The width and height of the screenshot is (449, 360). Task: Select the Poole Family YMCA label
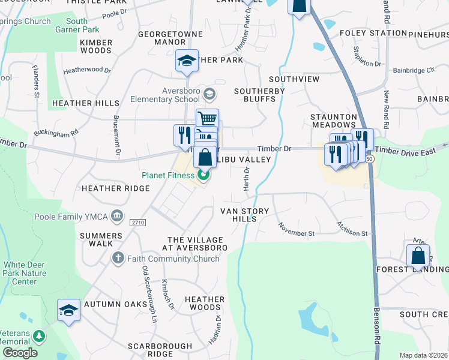click(x=76, y=216)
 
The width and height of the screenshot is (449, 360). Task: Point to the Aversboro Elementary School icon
click(x=209, y=94)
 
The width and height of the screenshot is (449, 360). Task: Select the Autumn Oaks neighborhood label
click(x=116, y=304)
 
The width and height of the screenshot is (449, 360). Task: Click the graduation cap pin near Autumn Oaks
click(x=68, y=311)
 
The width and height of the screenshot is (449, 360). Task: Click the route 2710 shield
click(x=138, y=223)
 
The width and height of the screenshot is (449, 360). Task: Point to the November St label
click(x=296, y=229)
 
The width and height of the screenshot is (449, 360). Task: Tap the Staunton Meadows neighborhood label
click(x=334, y=120)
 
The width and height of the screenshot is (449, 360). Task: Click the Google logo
click(x=19, y=352)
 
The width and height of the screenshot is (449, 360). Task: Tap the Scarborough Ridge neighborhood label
click(x=160, y=350)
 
